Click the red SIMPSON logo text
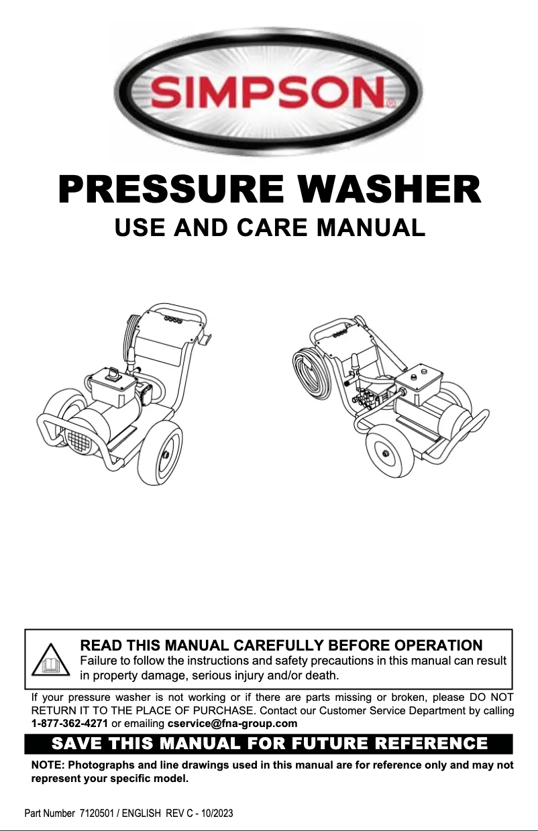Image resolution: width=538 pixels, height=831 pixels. (x=269, y=92)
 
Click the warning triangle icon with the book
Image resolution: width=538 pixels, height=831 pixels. (x=52, y=661)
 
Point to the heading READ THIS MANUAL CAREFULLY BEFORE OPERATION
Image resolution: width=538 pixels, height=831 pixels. (x=280, y=645)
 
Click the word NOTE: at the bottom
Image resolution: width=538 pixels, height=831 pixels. (x=48, y=765)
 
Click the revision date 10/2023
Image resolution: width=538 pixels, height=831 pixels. (x=217, y=814)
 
